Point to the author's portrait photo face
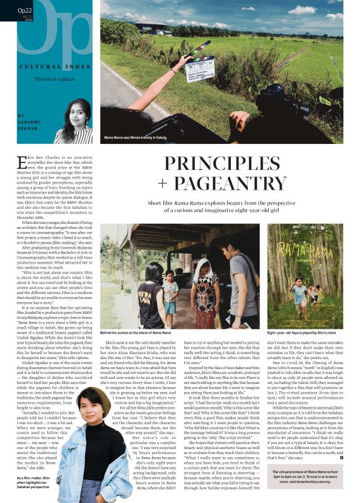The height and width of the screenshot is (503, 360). click(75, 115)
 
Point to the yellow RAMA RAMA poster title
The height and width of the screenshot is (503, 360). click(307, 249)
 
